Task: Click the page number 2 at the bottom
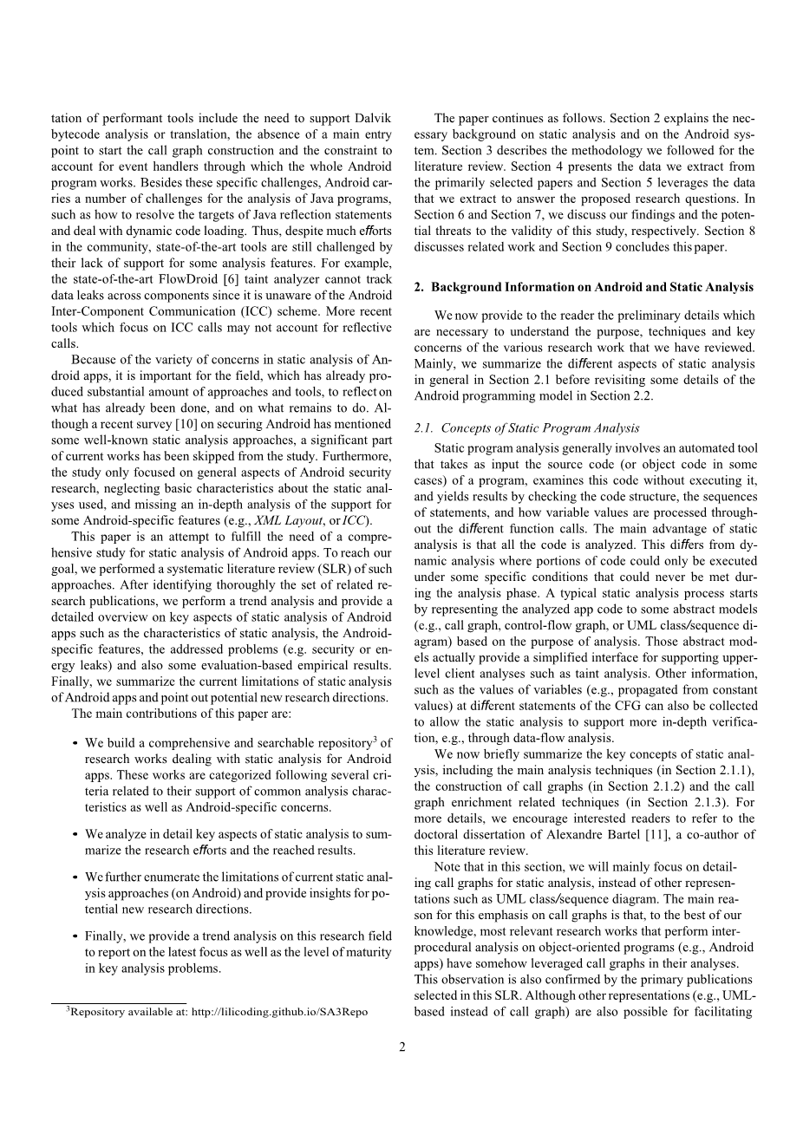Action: [x=401, y=1047]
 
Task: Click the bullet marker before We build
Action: [x=75, y=744]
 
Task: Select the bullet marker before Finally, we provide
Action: [x=75, y=936]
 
